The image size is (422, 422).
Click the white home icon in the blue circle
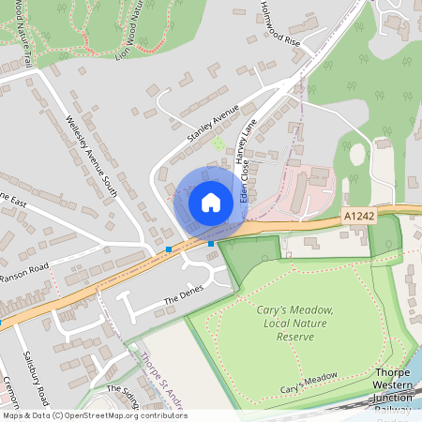211,202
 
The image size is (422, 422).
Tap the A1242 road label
357,217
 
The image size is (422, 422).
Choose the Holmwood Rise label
280,29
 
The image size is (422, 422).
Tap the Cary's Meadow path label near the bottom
309,382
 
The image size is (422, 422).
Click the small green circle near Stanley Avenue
219,143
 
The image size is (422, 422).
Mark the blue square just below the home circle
211,244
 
